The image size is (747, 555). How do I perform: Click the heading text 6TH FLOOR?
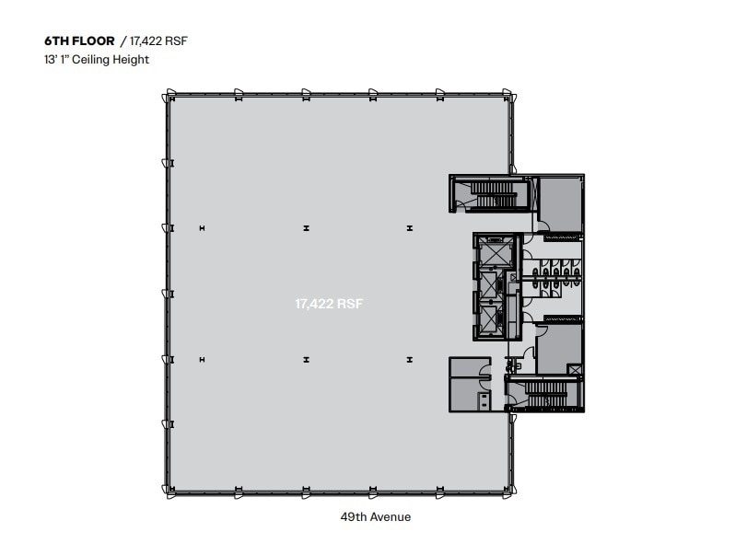click(x=79, y=41)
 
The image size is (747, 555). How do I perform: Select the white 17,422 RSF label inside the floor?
click(x=329, y=303)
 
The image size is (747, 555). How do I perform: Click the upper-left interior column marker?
click(x=202, y=227)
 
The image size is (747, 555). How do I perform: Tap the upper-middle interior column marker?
click(x=307, y=227)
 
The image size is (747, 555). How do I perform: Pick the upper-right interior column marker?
click(x=409, y=227)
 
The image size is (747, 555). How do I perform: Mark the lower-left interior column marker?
click(x=202, y=359)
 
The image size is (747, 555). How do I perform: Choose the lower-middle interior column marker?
click(x=307, y=359)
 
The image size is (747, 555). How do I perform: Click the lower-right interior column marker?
click(x=409, y=359)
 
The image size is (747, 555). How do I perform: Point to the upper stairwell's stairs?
click(x=493, y=193)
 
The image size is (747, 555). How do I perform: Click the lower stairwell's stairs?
click(x=545, y=395)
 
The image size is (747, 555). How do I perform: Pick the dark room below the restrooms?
click(x=558, y=347)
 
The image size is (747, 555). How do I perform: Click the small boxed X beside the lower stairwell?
click(x=576, y=369)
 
